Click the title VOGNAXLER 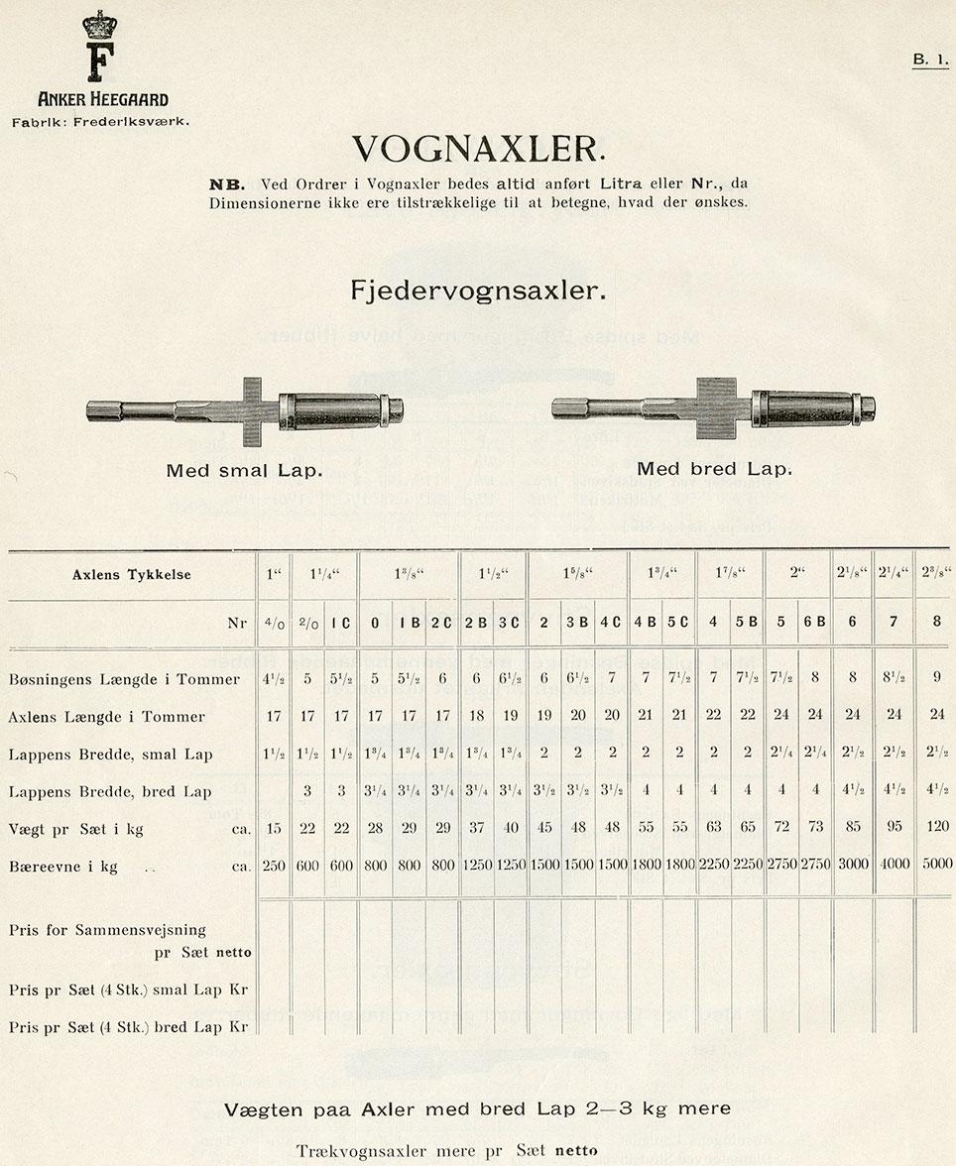coord(477,149)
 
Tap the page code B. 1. coord(930,59)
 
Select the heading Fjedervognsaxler coord(477,291)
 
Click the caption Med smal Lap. coord(244,470)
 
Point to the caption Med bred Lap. coord(714,469)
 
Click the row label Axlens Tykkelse coord(132,574)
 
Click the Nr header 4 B coord(646,624)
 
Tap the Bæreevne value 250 coord(273,866)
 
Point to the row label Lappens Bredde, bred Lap coord(110,791)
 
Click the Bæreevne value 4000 coord(895,865)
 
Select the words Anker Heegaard coord(102,99)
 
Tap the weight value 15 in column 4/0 coord(273,828)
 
